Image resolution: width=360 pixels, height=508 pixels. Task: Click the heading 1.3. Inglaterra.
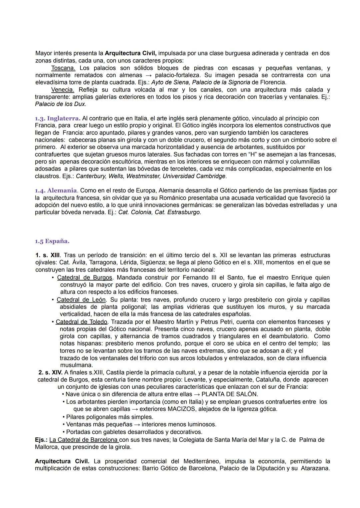(57, 118)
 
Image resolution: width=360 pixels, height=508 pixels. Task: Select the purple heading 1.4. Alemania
(56, 191)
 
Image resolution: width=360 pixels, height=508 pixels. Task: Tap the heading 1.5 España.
(52, 241)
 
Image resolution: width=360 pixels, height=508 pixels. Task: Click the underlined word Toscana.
(63, 68)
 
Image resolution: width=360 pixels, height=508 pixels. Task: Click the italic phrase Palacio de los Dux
(60, 104)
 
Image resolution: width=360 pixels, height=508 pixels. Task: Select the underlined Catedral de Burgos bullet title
(85, 277)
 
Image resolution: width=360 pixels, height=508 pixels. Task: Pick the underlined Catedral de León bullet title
(81, 299)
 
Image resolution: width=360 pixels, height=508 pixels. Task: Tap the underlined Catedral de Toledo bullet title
(82, 322)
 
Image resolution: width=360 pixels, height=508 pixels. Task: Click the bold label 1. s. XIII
(48, 255)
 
